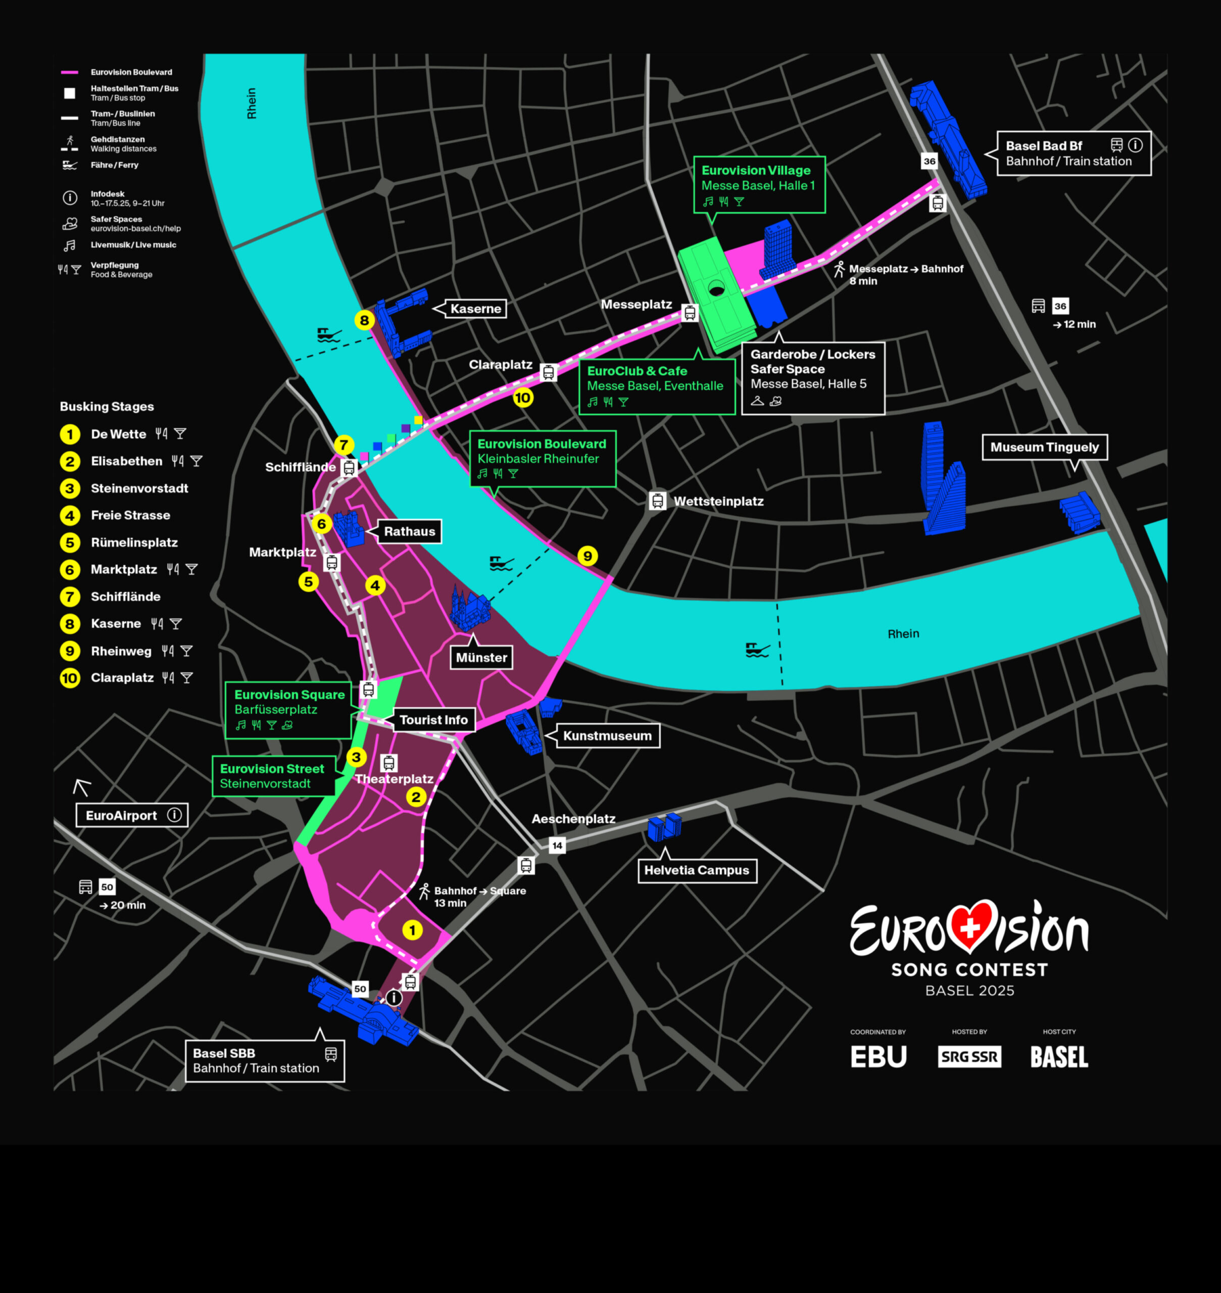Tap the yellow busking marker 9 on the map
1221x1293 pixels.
[588, 556]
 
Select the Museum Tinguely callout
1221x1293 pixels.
[1044, 447]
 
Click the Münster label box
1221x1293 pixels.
[481, 657]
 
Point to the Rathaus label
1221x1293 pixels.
[409, 531]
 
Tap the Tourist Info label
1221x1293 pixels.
[433, 720]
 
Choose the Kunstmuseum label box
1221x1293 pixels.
[607, 735]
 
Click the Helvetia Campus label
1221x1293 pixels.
[697, 870]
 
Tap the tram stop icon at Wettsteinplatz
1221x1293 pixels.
[657, 501]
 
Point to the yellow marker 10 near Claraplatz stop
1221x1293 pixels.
[523, 397]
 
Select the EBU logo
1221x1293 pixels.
[878, 1057]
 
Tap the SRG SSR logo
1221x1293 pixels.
[969, 1056]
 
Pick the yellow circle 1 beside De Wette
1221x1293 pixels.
[70, 434]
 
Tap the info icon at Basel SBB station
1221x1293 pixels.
[394, 998]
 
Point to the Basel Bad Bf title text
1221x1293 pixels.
[1043, 146]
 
